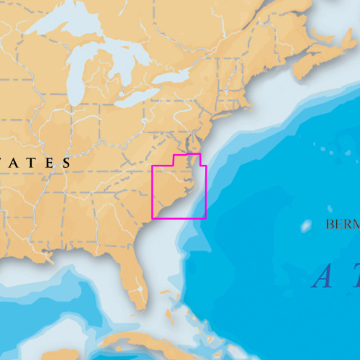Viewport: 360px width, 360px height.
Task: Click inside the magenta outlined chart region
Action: pos(176,191)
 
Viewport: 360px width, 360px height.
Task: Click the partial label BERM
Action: pos(341,225)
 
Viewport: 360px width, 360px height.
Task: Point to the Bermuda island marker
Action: pos(307,225)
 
